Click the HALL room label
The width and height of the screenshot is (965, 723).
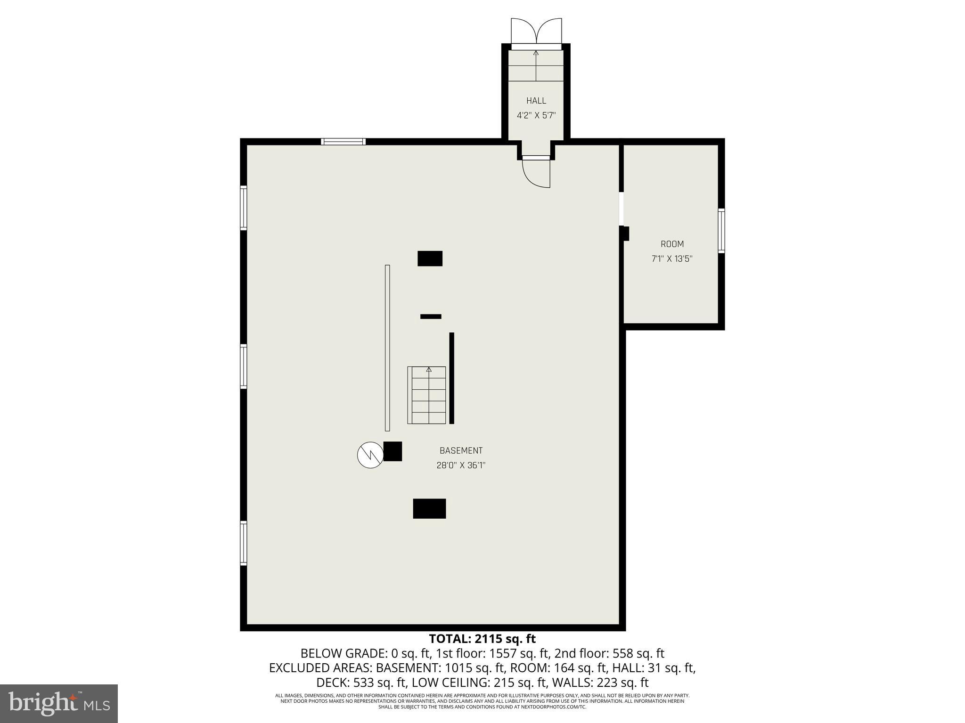pos(536,101)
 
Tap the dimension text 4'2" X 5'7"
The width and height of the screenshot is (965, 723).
pos(536,115)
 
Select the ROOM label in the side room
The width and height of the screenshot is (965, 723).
pos(672,244)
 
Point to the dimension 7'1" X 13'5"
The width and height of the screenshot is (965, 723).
pos(672,258)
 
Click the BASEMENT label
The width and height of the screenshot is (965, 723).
pos(461,450)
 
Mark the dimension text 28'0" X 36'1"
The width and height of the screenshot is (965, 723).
pos(461,465)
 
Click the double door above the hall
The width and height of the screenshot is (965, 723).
pos(536,32)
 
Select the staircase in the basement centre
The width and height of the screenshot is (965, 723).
pos(427,395)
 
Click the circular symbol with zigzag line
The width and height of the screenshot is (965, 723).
pos(369,455)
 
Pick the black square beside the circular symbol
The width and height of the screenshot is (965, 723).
pos(393,451)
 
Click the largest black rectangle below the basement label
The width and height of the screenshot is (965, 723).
pos(429,508)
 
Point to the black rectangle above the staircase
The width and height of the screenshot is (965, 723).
pos(430,258)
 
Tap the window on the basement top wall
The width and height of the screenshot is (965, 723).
pos(343,141)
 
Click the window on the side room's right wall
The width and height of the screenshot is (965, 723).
pos(721,231)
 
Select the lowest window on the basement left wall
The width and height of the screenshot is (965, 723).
pos(244,543)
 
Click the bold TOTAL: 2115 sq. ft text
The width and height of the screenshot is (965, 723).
pos(482,639)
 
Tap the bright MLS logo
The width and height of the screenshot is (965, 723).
pos(58,703)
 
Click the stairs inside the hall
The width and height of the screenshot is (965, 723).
pos(536,66)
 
